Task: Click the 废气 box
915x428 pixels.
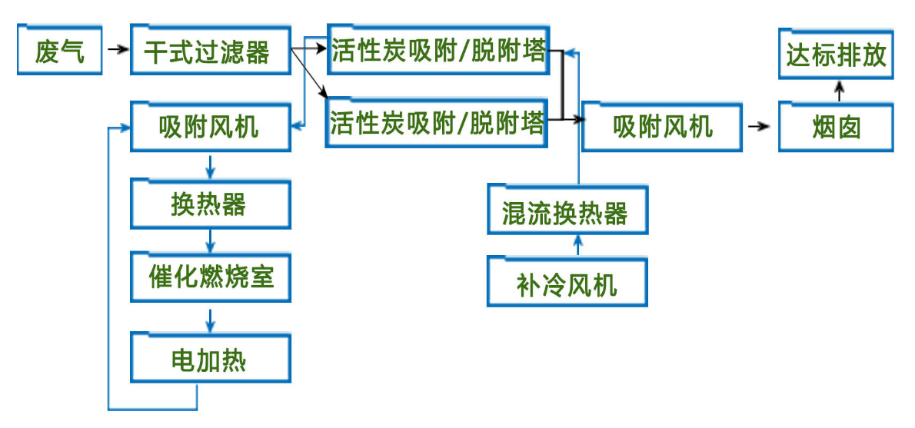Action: tap(59, 51)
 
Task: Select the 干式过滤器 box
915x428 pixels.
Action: tap(210, 51)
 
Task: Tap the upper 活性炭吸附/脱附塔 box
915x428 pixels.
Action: tap(438, 51)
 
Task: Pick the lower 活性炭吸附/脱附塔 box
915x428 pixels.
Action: tap(438, 123)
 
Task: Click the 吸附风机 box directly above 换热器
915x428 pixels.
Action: tap(210, 126)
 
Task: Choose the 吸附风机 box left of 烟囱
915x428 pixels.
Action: tap(662, 126)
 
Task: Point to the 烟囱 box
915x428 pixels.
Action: tap(836, 126)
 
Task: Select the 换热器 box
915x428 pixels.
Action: tap(210, 204)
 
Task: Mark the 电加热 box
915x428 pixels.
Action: tap(210, 358)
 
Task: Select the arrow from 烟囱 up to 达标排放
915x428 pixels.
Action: tap(838, 91)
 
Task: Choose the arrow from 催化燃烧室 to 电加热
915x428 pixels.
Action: tap(209, 317)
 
